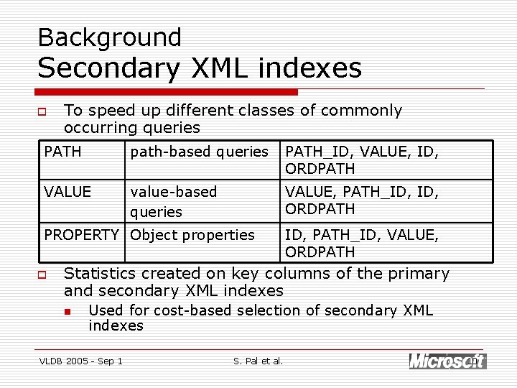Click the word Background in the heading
[109, 37]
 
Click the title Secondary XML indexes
[200, 68]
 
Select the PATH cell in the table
[63, 152]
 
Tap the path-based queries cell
[199, 152]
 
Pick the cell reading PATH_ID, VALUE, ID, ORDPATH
[362, 160]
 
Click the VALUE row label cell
[67, 192]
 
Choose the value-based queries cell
[173, 201]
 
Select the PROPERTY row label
[81, 235]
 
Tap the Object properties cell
[192, 235]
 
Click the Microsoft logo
[447, 361]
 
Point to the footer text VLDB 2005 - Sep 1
[80, 361]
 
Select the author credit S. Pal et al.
[258, 361]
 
